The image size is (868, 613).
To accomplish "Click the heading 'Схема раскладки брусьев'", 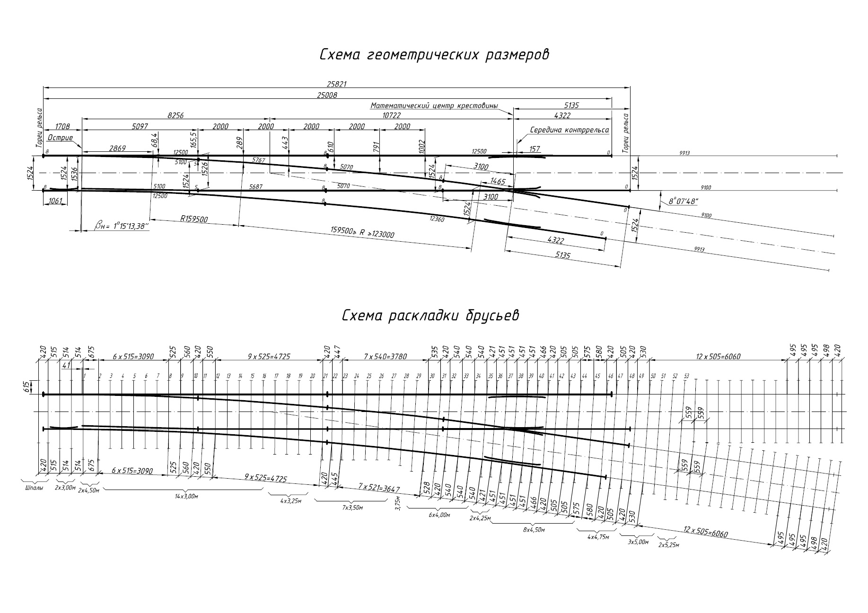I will point(430,315).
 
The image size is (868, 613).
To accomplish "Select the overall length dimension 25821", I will point(337,84).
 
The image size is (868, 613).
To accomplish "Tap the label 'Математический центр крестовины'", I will point(434,106).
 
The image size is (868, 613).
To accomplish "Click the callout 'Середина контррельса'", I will point(570,130).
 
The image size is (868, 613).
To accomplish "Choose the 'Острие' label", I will point(60,138).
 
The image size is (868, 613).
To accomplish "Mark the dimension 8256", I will point(175,115).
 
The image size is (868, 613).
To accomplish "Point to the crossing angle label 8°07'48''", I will point(684,201).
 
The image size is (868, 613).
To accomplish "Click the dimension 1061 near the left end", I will point(55,201).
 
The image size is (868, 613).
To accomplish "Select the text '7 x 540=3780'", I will point(386,356).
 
